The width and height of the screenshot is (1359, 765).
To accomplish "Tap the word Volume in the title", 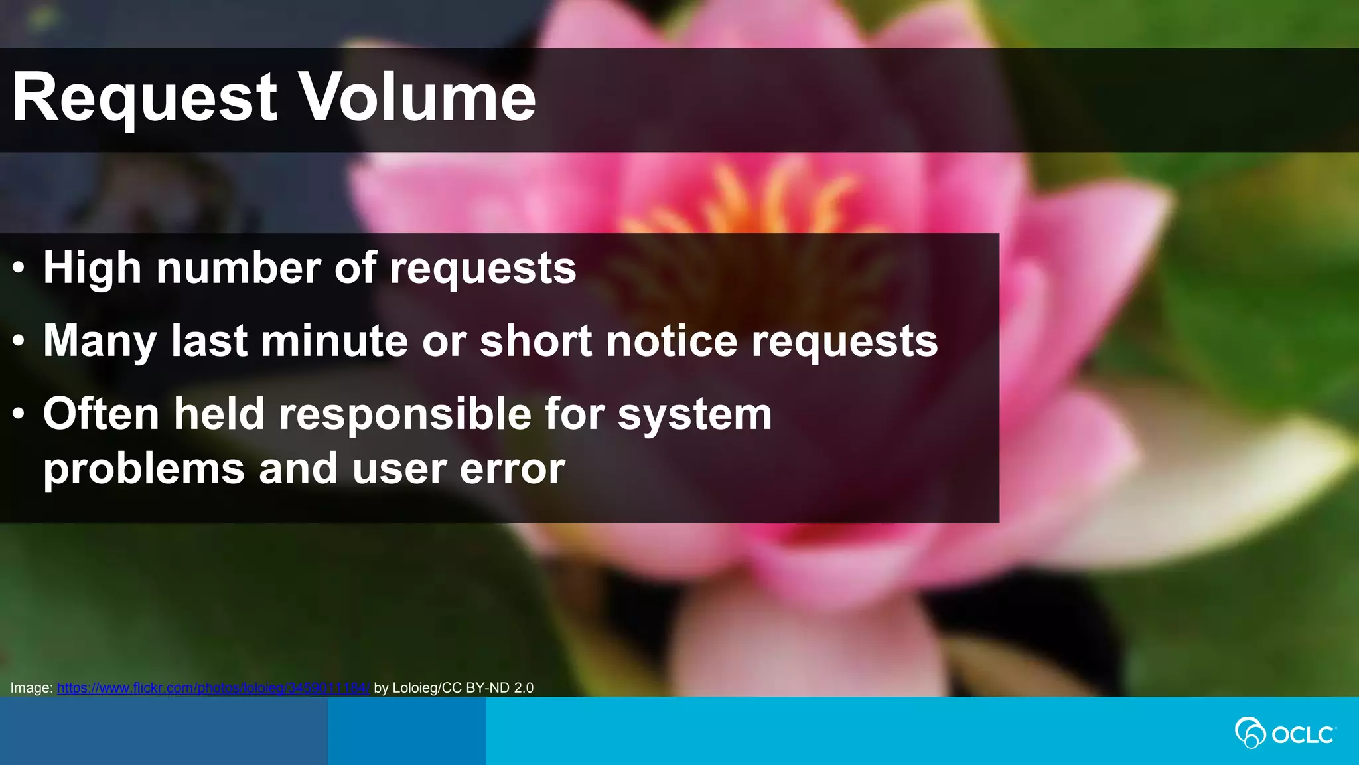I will pyautogui.click(x=417, y=98).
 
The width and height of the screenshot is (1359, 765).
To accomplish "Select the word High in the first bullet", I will pyautogui.click(x=92, y=268).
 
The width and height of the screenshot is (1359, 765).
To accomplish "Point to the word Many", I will pyautogui.click(x=100, y=341).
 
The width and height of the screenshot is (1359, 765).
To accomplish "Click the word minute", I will pyautogui.click(x=334, y=341).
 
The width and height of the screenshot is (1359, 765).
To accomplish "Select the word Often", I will pyautogui.click(x=101, y=414).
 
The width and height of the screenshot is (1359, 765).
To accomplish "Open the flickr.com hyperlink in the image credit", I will pyautogui.click(x=212, y=688).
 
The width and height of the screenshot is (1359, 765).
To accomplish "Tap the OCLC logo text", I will pyautogui.click(x=1303, y=735).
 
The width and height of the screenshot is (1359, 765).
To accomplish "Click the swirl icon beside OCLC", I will pyautogui.click(x=1250, y=733).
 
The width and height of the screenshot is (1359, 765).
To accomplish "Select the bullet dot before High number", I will pyautogui.click(x=19, y=268).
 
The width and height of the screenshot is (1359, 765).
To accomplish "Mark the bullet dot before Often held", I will pyautogui.click(x=19, y=414).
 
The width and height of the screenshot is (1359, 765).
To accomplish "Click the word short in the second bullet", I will pyautogui.click(x=536, y=341).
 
